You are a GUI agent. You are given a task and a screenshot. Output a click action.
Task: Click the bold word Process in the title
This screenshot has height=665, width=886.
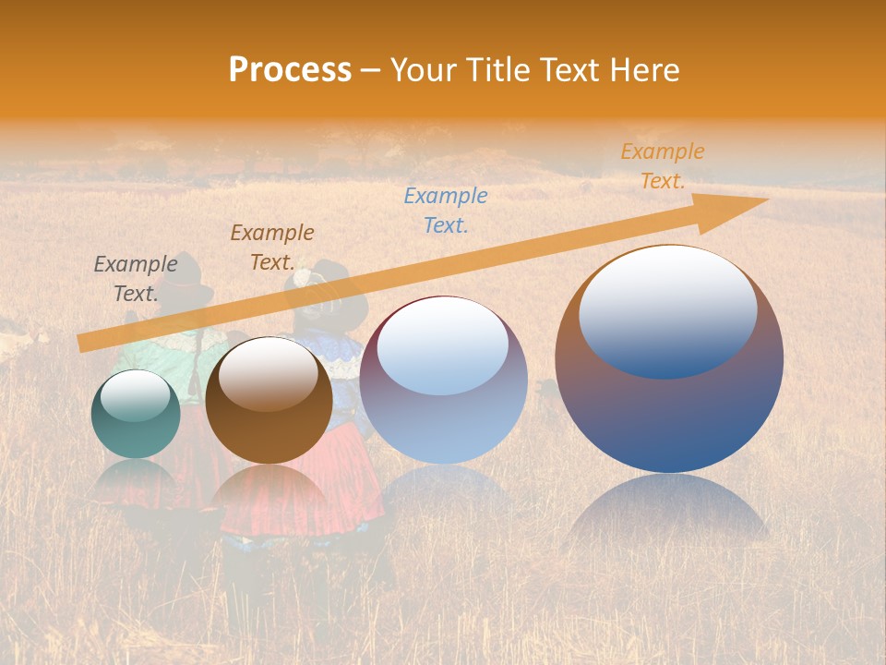pos(290,70)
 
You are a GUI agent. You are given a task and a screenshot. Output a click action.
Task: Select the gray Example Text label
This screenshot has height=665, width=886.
pos(136,278)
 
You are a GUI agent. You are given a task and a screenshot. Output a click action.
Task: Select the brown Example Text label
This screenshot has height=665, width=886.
pos(271,247)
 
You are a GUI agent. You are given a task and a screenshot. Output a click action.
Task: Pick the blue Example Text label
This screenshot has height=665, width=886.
pos(446,210)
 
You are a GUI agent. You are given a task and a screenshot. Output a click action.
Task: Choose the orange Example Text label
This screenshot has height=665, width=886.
pos(662,166)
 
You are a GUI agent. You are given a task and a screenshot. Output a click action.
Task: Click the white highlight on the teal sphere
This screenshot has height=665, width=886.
pos(135,395)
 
